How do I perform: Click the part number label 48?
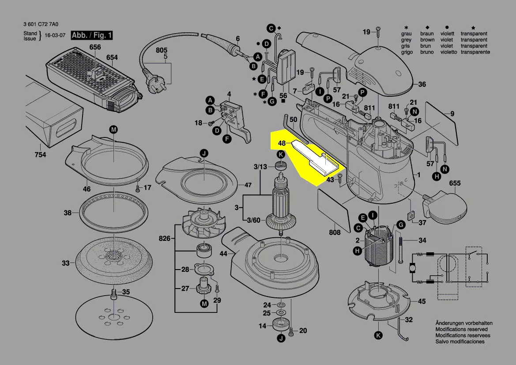tap(282, 144)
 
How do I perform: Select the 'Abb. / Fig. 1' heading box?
tap(92, 35)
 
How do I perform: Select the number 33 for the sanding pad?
tap(65, 263)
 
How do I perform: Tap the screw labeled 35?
tap(113, 293)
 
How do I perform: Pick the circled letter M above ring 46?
tap(113, 129)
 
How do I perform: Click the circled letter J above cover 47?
tap(204, 154)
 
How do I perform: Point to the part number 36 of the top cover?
tap(422, 84)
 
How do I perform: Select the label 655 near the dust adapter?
tap(455, 183)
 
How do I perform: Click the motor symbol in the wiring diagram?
tap(412, 268)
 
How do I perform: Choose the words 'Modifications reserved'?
tap(461, 329)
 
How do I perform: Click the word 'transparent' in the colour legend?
tap(474, 34)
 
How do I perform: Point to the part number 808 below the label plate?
tap(335, 232)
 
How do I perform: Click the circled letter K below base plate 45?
tap(378, 335)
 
